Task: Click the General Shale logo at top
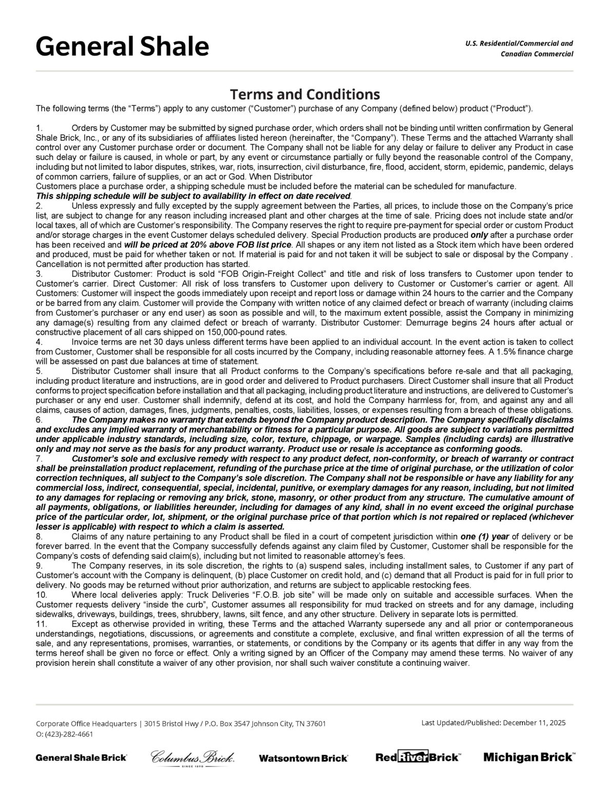tap(122, 47)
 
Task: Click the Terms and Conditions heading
tap(305, 94)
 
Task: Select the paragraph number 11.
tap(41, 624)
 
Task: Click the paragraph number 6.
tap(38, 420)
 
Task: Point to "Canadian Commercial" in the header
tap(537, 54)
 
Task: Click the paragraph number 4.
tap(38, 342)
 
